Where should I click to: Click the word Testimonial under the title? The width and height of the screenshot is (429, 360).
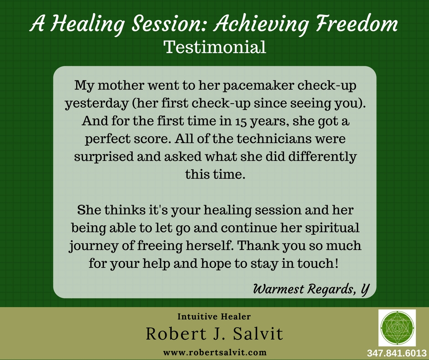(x=215, y=47)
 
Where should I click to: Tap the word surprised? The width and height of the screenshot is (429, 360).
(x=104, y=157)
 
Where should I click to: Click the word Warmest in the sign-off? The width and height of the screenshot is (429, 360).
(x=278, y=289)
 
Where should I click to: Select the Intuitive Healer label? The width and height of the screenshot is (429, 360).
(x=214, y=317)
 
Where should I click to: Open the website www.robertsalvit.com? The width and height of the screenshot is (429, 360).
(x=215, y=352)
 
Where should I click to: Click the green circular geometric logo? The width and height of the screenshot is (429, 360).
(x=397, y=328)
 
